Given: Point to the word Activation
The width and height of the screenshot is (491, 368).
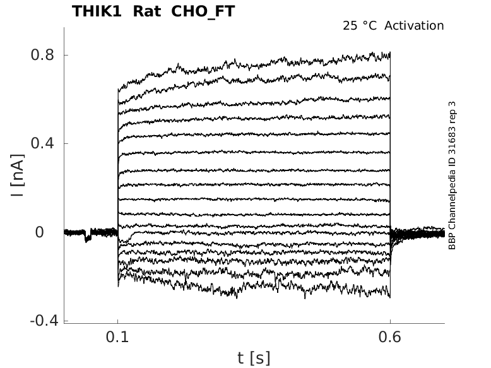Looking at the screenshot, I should point(414,26).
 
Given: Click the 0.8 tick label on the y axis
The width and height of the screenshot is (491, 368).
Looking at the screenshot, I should point(42,55).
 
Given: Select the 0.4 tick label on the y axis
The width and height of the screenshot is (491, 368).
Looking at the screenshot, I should point(42,144).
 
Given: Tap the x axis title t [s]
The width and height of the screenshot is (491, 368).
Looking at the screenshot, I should point(254,359).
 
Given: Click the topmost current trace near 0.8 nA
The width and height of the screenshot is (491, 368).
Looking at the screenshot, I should point(252,64).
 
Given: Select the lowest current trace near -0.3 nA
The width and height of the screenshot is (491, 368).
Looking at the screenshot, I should point(252,292).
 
